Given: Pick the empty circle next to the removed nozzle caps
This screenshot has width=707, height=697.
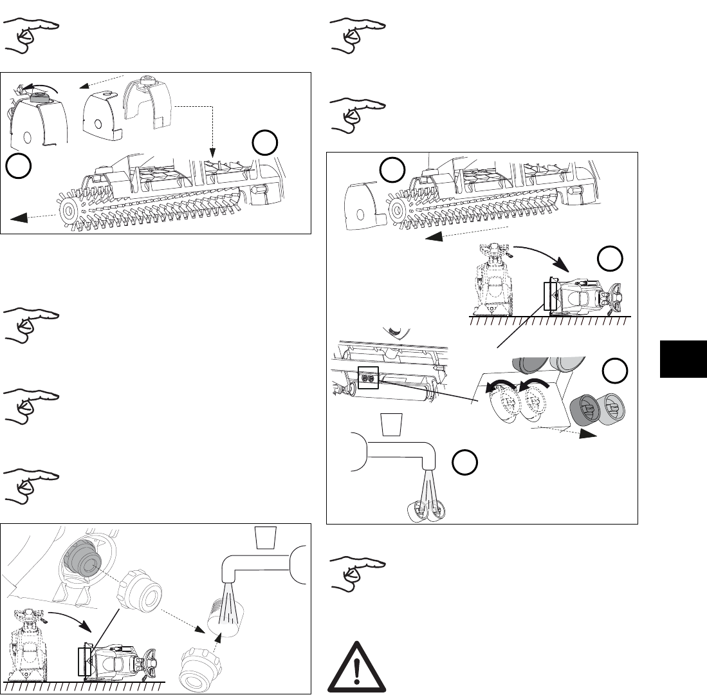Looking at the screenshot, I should point(615,371).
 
